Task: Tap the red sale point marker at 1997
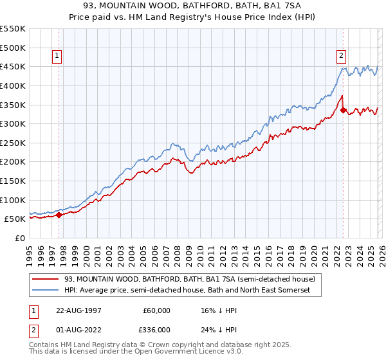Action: coord(59,215)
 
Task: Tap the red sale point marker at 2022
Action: coord(342,110)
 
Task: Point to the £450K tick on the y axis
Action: coord(13,66)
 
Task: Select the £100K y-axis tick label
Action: coord(13,200)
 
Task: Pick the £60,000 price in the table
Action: coord(156,310)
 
